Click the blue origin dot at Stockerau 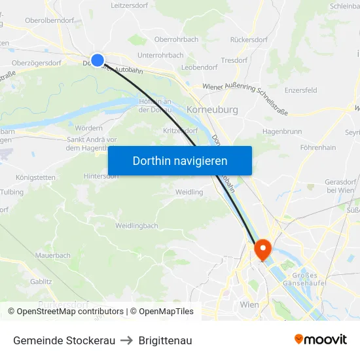pyautogui.click(x=98, y=60)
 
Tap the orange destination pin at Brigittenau pyautogui.click(x=262, y=248)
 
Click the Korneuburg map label pyautogui.click(x=212, y=110)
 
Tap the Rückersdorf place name pyautogui.click(x=249, y=39)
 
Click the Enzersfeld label pyautogui.click(x=301, y=90)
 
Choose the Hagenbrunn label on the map pyautogui.click(x=281, y=131)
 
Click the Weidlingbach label pyautogui.click(x=137, y=226)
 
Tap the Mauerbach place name pyautogui.click(x=53, y=255)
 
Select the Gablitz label pyautogui.click(x=41, y=281)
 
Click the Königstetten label pyautogui.click(x=36, y=177)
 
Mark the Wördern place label pyautogui.click(x=89, y=128)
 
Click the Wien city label pyautogui.click(x=249, y=305)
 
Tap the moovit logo pyautogui.click(x=320, y=340)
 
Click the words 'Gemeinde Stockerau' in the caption pyautogui.click(x=64, y=340)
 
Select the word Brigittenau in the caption pyautogui.click(x=165, y=340)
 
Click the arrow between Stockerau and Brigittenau pyautogui.click(x=127, y=340)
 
